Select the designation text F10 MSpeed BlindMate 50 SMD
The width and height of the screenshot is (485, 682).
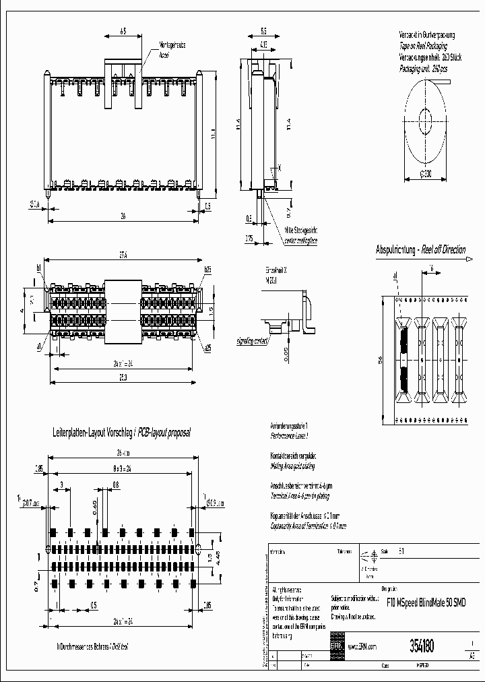point(426,601)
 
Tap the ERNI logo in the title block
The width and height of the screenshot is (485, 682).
point(336,646)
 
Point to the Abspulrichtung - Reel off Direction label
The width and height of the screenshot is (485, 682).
point(420,250)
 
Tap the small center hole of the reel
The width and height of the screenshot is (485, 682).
point(425,122)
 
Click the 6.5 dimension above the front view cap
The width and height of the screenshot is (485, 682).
point(123,31)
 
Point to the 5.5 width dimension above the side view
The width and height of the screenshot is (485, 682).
point(263,31)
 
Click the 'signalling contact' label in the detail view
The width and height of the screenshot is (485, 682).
point(253,342)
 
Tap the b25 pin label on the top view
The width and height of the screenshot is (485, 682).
point(207,270)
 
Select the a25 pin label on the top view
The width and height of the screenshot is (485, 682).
point(207,348)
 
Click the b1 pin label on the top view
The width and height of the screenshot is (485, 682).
point(39,269)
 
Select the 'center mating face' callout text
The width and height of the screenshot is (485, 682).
point(300,240)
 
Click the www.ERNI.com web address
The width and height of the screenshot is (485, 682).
point(362,646)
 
